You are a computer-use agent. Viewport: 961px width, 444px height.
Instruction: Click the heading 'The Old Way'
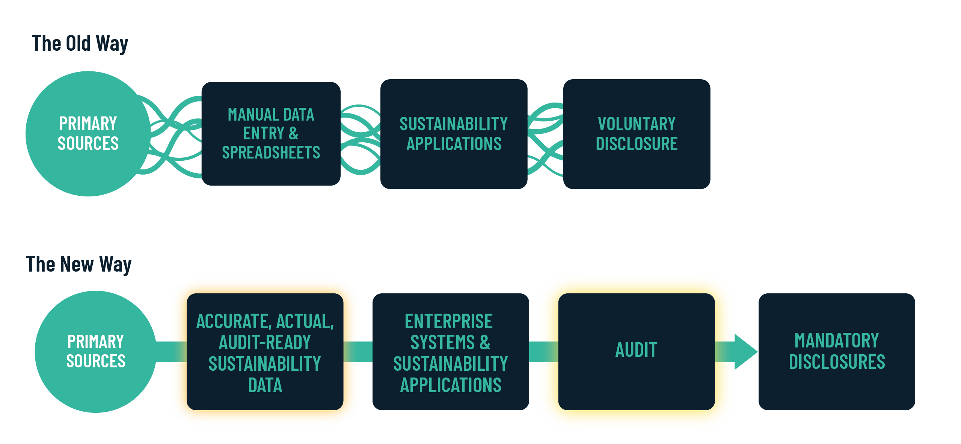point(80,43)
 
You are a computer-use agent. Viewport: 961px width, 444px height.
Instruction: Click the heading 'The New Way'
point(79,264)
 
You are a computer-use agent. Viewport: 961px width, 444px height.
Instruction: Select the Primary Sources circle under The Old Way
point(88,133)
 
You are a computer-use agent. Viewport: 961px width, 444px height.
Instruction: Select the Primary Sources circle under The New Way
point(95,352)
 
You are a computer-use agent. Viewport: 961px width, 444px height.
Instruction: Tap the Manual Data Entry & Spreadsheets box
point(271,133)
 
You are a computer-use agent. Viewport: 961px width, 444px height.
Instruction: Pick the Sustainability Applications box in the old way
point(454,134)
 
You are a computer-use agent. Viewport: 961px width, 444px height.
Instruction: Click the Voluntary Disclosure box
point(637,134)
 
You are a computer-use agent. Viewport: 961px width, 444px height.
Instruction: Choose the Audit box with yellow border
point(636,351)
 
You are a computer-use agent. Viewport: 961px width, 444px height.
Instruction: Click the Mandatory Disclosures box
point(837,351)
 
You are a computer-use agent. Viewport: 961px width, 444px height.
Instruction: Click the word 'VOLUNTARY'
point(637,124)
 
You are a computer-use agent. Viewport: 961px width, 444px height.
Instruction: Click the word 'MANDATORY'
point(837,341)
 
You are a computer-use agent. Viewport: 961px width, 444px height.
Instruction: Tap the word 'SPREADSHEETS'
point(271,153)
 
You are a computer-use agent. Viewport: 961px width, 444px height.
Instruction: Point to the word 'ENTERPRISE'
point(448,322)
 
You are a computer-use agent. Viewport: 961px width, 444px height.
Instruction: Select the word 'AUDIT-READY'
point(265,343)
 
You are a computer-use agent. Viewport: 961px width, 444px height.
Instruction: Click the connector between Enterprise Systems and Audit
point(543,352)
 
